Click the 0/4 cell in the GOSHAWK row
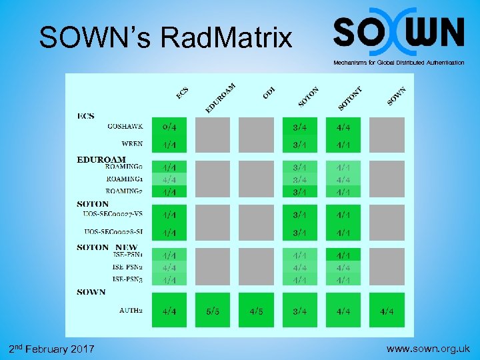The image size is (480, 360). (169, 127)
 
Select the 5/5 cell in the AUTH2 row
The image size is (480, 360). (213, 311)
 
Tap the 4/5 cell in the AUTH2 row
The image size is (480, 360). (256, 311)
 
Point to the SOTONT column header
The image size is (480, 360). (351, 98)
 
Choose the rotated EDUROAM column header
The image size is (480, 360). (221, 97)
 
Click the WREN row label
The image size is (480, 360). (132, 144)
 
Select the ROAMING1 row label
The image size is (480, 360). (125, 179)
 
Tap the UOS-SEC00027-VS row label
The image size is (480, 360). (113, 214)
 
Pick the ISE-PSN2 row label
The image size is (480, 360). (127, 267)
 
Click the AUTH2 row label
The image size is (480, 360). (131, 311)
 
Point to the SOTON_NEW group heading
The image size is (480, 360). (107, 247)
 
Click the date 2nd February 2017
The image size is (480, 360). (52, 349)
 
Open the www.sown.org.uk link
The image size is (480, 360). (429, 348)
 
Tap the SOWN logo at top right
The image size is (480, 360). (398, 32)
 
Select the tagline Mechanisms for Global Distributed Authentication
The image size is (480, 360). (399, 63)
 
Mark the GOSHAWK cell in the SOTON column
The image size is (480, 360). (299, 127)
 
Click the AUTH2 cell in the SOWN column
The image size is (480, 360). (387, 311)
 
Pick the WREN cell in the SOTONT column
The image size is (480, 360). (343, 144)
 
